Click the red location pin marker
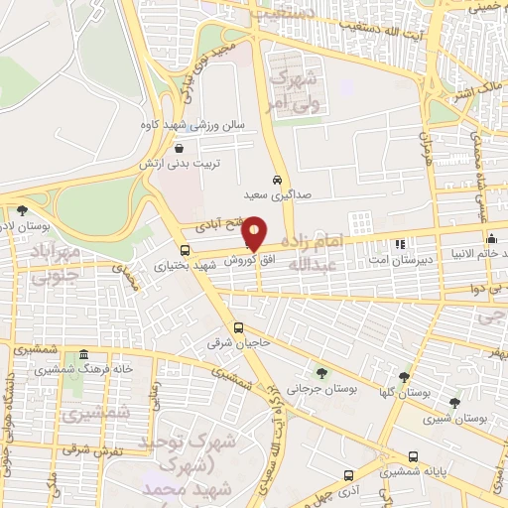pyautogui.click(x=255, y=232)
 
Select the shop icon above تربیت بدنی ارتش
pyautogui.click(x=178, y=147)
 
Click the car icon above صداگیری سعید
pyautogui.click(x=277, y=180)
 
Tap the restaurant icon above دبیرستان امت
pyautogui.click(x=401, y=243)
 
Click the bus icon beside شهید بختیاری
pyautogui.click(x=185, y=250)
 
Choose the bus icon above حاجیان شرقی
pyautogui.click(x=238, y=327)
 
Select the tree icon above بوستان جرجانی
pyautogui.click(x=320, y=372)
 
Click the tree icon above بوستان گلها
pyautogui.click(x=403, y=377)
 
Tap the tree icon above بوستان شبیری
pyautogui.click(x=454, y=403)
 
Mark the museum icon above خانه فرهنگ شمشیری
pyautogui.click(x=83, y=355)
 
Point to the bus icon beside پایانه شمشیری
pyautogui.click(x=413, y=457)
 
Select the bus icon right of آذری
pyautogui.click(x=347, y=475)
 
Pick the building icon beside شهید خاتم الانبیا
pyautogui.click(x=492, y=239)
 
